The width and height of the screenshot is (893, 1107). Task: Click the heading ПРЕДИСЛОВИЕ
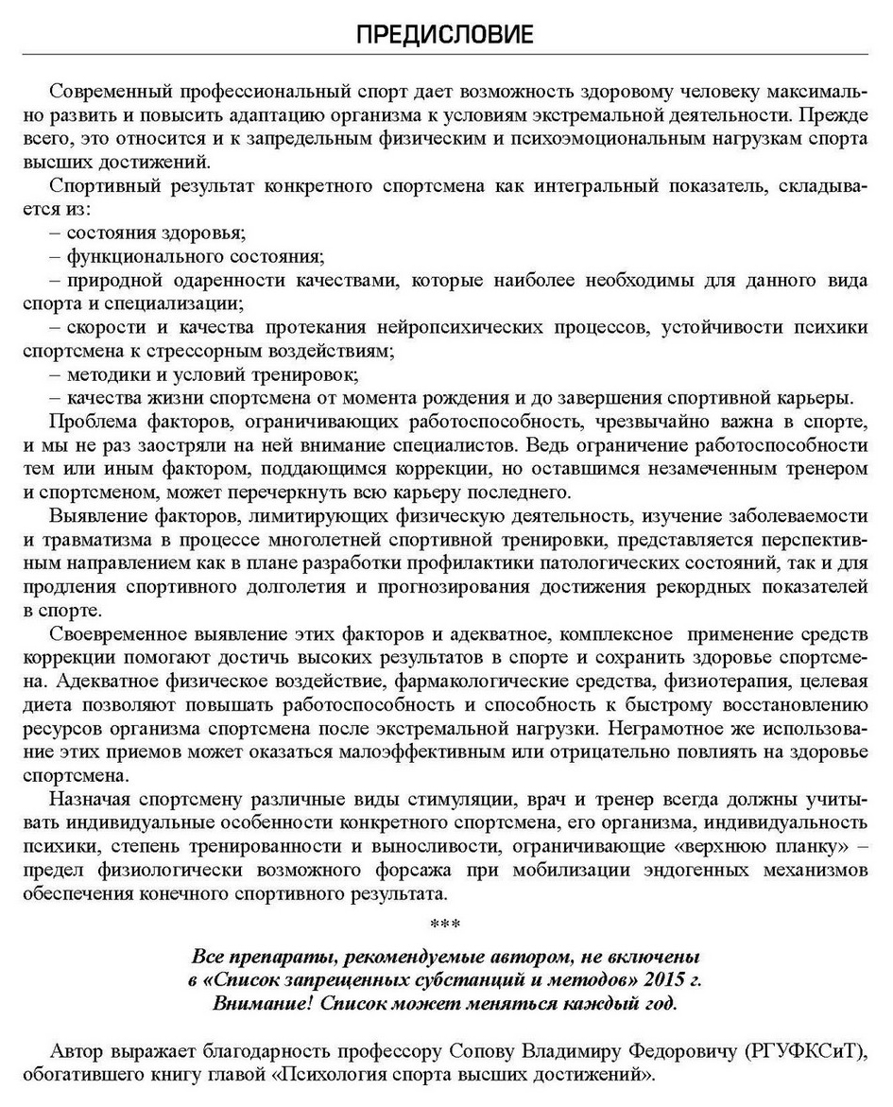click(445, 36)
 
